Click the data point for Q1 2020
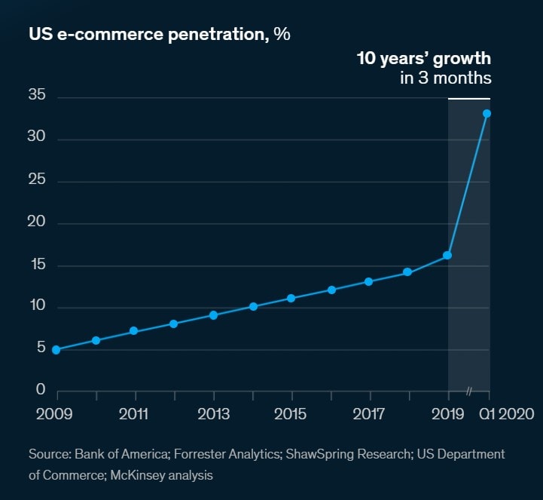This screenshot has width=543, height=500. click(x=487, y=114)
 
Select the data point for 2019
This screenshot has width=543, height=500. click(x=447, y=255)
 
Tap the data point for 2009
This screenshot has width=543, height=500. click(x=56, y=350)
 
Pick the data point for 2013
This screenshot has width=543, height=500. click(x=213, y=315)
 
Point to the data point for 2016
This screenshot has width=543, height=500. click(x=331, y=290)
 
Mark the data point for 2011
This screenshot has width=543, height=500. click(x=134, y=331)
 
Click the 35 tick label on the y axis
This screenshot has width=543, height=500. click(x=38, y=96)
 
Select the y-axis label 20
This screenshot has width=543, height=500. click(x=38, y=222)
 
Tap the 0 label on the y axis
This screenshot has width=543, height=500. click(x=41, y=390)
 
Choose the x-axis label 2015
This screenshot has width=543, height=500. click(x=291, y=414)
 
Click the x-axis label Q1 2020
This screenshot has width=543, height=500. click(x=506, y=414)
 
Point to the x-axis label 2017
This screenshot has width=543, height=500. click(x=369, y=414)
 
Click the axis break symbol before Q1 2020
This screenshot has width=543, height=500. click(x=468, y=391)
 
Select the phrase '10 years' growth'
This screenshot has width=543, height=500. click(x=424, y=59)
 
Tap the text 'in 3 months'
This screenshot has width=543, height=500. click(x=446, y=78)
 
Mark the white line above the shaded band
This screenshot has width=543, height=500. click(x=469, y=99)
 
